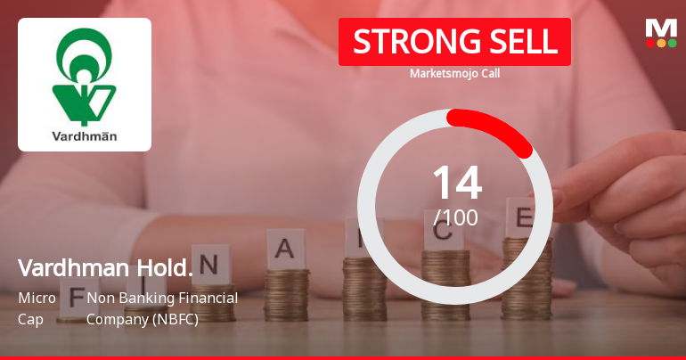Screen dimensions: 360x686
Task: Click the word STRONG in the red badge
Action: pyautogui.click(x=402, y=42)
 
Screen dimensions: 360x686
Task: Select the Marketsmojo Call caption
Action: pyautogui.click(x=454, y=74)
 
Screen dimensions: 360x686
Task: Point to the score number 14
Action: pyautogui.click(x=456, y=184)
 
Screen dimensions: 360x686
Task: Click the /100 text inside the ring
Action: pyautogui.click(x=455, y=217)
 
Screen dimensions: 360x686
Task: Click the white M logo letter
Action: pyautogui.click(x=661, y=28)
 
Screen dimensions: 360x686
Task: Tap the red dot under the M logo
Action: pyautogui.click(x=650, y=43)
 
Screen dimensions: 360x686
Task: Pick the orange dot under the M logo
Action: pyautogui.click(x=661, y=43)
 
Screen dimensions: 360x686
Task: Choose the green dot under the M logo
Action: pyautogui.click(x=672, y=43)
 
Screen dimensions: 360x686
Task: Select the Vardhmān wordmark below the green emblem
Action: pyautogui.click(x=85, y=137)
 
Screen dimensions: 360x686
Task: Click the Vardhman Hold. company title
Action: pyautogui.click(x=105, y=267)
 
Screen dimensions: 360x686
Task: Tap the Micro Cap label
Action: pyautogui.click(x=37, y=307)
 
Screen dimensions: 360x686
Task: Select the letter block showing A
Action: pyautogui.click(x=284, y=250)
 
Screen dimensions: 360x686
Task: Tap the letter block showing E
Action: pyautogui.click(x=524, y=216)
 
